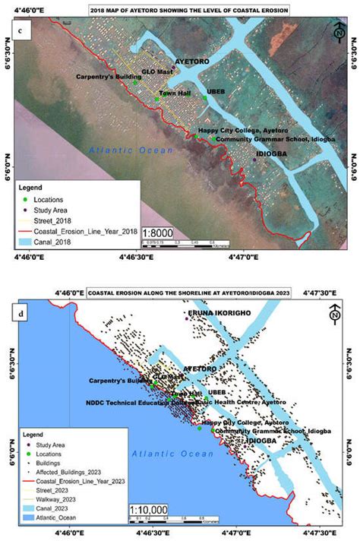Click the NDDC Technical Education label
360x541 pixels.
click(x=137, y=403)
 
